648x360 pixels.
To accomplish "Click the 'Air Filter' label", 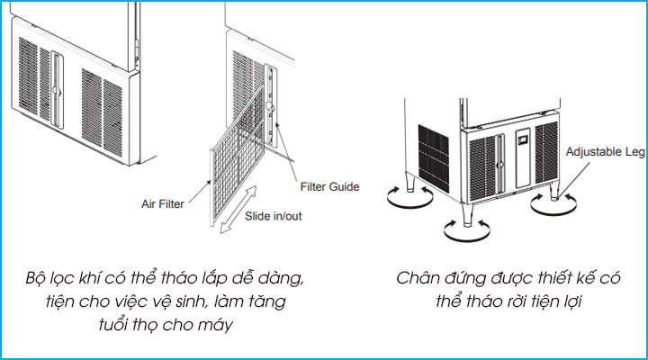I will pos(162,204).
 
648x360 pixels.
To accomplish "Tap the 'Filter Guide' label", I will pos(329,187).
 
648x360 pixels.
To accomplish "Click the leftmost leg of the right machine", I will pos(410,185).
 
